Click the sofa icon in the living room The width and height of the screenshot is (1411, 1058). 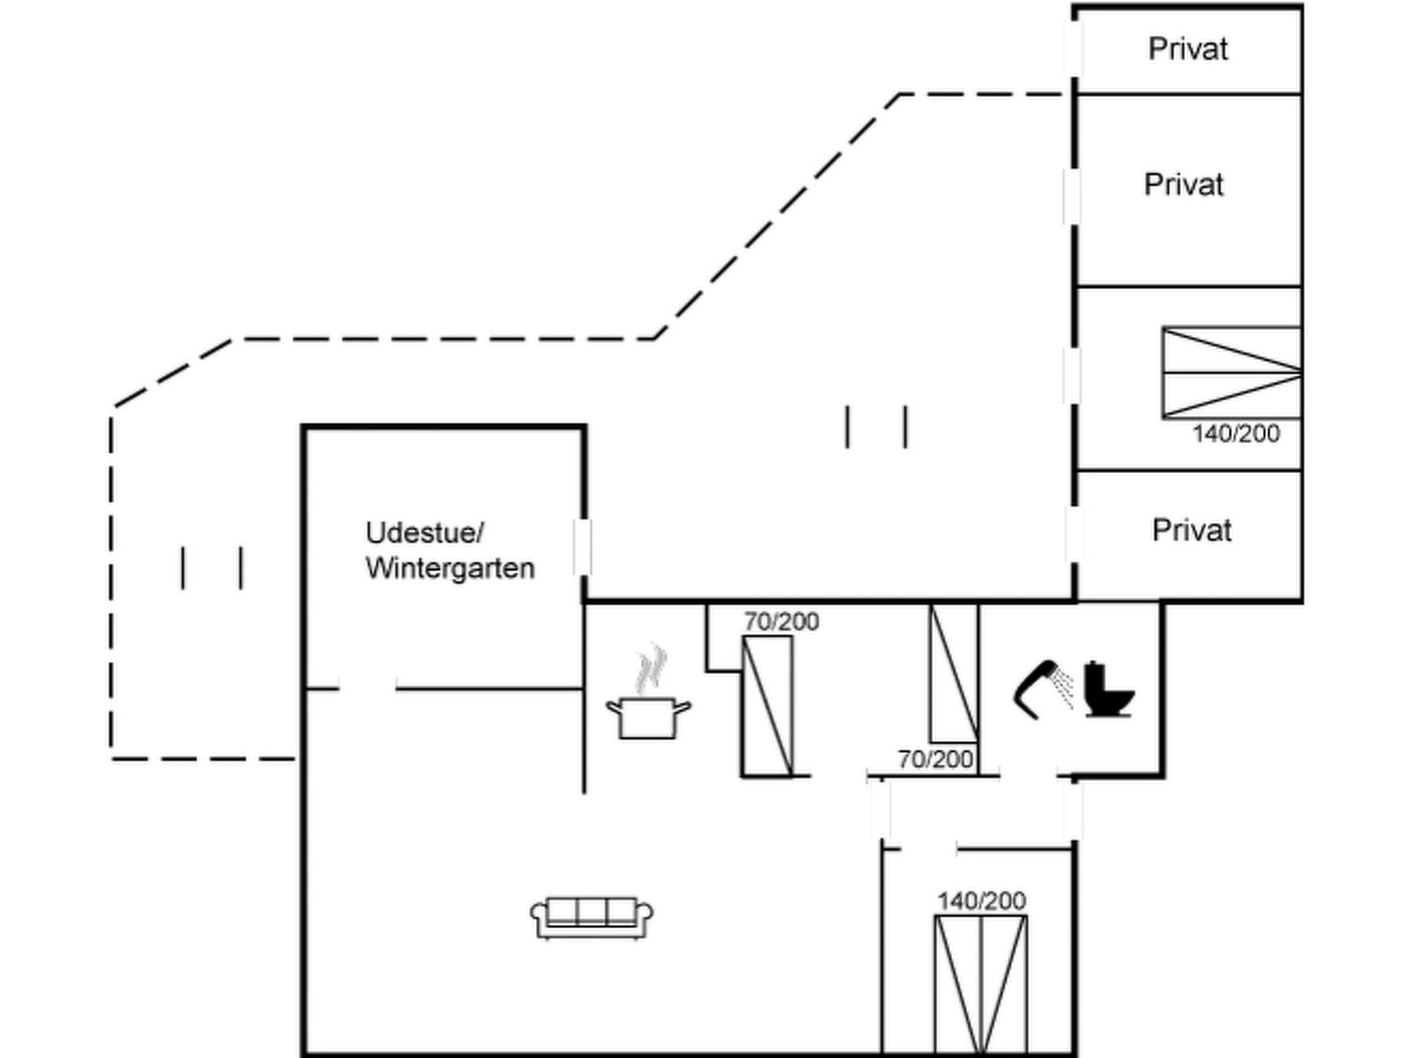592,917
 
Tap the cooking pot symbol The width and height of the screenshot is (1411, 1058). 648,717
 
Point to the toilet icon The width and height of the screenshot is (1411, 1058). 1108,690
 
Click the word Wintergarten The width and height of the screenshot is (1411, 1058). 450,568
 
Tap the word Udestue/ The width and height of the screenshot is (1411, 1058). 424,532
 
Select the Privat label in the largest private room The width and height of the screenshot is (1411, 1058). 1184,185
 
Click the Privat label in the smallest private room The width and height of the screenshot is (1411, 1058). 1188,49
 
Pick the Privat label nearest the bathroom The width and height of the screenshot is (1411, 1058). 1192,530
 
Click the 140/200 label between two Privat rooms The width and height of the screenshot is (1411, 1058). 1236,434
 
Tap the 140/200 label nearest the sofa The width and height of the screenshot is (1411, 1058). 981,900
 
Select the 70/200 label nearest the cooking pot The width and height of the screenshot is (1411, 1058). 781,622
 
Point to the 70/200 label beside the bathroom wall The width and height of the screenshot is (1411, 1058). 935,759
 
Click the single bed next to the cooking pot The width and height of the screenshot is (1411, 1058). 767,705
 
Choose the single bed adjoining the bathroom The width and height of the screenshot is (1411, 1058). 954,674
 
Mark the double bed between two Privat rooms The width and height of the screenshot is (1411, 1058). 1231,373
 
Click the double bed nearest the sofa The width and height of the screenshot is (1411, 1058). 981,985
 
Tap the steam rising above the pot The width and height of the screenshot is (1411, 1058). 650,668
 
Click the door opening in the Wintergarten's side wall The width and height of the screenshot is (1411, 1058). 582,547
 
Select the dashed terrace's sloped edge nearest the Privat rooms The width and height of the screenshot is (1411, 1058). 776,216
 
